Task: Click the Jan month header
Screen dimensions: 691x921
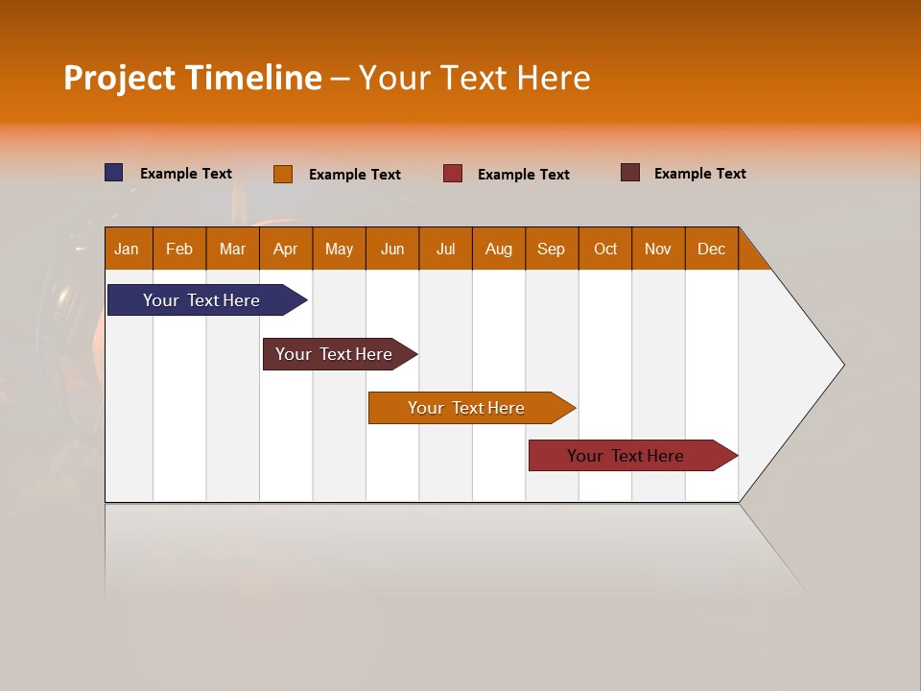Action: [128, 249]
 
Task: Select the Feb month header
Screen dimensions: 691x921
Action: [179, 249]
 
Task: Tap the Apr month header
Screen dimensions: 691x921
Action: [286, 249]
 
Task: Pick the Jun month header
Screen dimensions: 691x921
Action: [392, 249]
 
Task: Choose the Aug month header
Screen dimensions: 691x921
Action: [499, 249]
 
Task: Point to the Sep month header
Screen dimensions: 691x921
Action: [552, 249]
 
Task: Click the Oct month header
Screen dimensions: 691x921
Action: [605, 249]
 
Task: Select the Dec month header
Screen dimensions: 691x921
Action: [712, 249]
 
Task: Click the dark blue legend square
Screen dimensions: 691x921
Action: [114, 173]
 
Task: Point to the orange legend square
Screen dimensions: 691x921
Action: [283, 174]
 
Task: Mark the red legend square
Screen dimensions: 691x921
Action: [453, 174]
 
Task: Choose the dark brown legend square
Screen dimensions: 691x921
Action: [630, 173]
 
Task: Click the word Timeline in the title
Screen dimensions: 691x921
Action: [253, 78]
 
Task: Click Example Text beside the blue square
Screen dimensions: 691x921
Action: [186, 174]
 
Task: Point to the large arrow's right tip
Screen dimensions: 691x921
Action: [842, 365]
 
